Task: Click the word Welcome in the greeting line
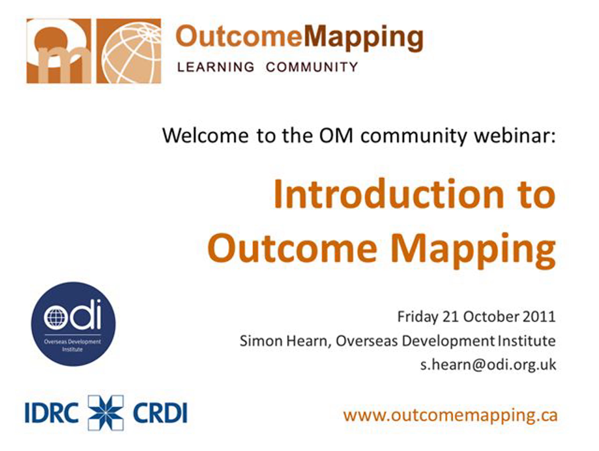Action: [205, 135]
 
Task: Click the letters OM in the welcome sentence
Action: [336, 135]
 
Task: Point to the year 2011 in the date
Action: [539, 317]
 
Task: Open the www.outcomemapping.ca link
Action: [450, 416]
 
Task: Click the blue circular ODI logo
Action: [73, 324]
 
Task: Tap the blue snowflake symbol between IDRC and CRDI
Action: [106, 413]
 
